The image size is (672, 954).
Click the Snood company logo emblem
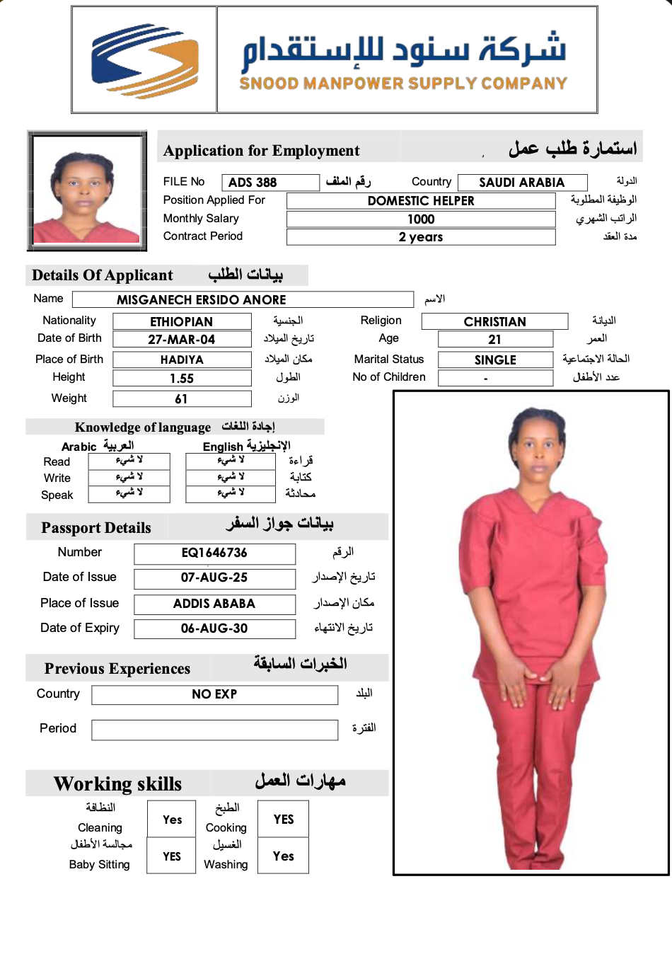[144, 60]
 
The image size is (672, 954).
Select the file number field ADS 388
[270, 183]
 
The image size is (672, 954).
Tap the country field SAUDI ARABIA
[522, 183]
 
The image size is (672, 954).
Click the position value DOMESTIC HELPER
[421, 201]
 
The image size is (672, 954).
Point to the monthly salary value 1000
[421, 219]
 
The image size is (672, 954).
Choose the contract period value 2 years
[421, 237]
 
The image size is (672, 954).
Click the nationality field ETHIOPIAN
[182, 322]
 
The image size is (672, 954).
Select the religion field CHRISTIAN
[494, 322]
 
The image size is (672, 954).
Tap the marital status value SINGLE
[495, 360]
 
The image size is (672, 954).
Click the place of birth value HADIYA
[182, 360]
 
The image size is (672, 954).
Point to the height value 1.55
[182, 379]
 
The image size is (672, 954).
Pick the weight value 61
[182, 399]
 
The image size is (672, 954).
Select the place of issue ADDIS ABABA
[214, 604]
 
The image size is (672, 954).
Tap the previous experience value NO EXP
[214, 694]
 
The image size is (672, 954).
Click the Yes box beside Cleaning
[172, 820]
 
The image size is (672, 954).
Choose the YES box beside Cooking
[283, 820]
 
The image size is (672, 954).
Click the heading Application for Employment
[261, 151]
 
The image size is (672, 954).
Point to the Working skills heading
[117, 784]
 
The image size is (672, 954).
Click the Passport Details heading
[96, 528]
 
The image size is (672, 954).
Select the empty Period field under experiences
[214, 730]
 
